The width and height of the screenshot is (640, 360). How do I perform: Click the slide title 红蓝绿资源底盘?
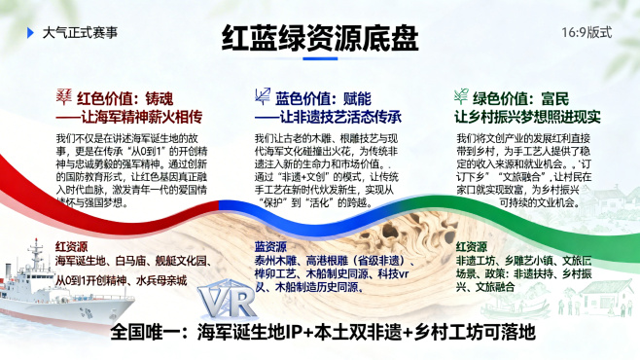tap(320, 38)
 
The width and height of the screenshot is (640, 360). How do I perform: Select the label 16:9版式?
tap(587, 32)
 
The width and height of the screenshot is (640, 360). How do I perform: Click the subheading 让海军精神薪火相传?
tap(132, 116)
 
